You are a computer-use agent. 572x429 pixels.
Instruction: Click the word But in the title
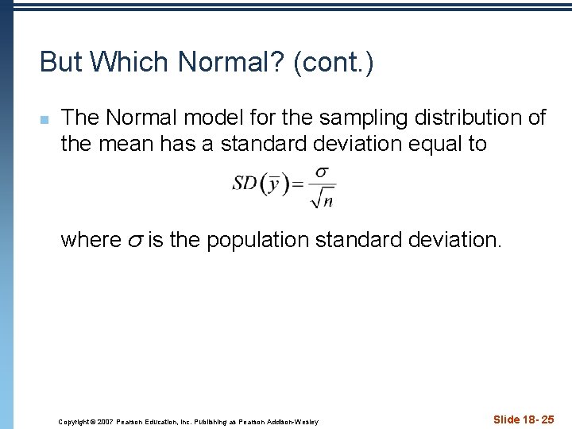60,62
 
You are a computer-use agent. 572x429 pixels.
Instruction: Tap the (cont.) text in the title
333,62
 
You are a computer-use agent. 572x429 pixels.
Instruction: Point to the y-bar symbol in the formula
273,184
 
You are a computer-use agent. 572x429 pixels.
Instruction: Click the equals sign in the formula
297,184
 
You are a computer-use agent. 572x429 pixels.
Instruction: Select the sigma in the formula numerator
323,172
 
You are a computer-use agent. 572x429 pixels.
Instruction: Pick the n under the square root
327,201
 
